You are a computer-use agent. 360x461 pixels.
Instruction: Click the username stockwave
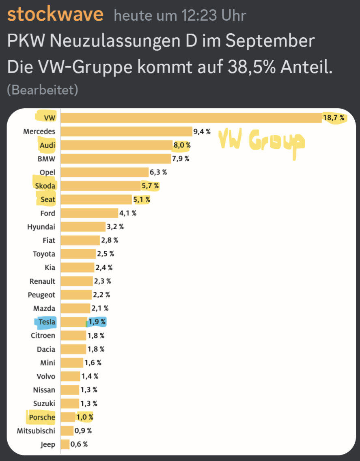coord(55,15)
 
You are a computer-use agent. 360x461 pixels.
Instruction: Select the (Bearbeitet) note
coord(42,90)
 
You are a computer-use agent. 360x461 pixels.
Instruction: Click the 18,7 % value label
coord(334,118)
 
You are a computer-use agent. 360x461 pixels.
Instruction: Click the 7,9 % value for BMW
coord(181,159)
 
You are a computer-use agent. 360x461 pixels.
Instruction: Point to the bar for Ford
coord(89,213)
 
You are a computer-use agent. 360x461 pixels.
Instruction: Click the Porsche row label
coord(42,417)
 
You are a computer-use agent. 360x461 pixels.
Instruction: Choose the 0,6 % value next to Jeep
coord(79,444)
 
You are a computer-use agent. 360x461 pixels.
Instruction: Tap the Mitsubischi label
coord(36,431)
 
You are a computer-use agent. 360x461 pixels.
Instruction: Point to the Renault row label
coord(42,281)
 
